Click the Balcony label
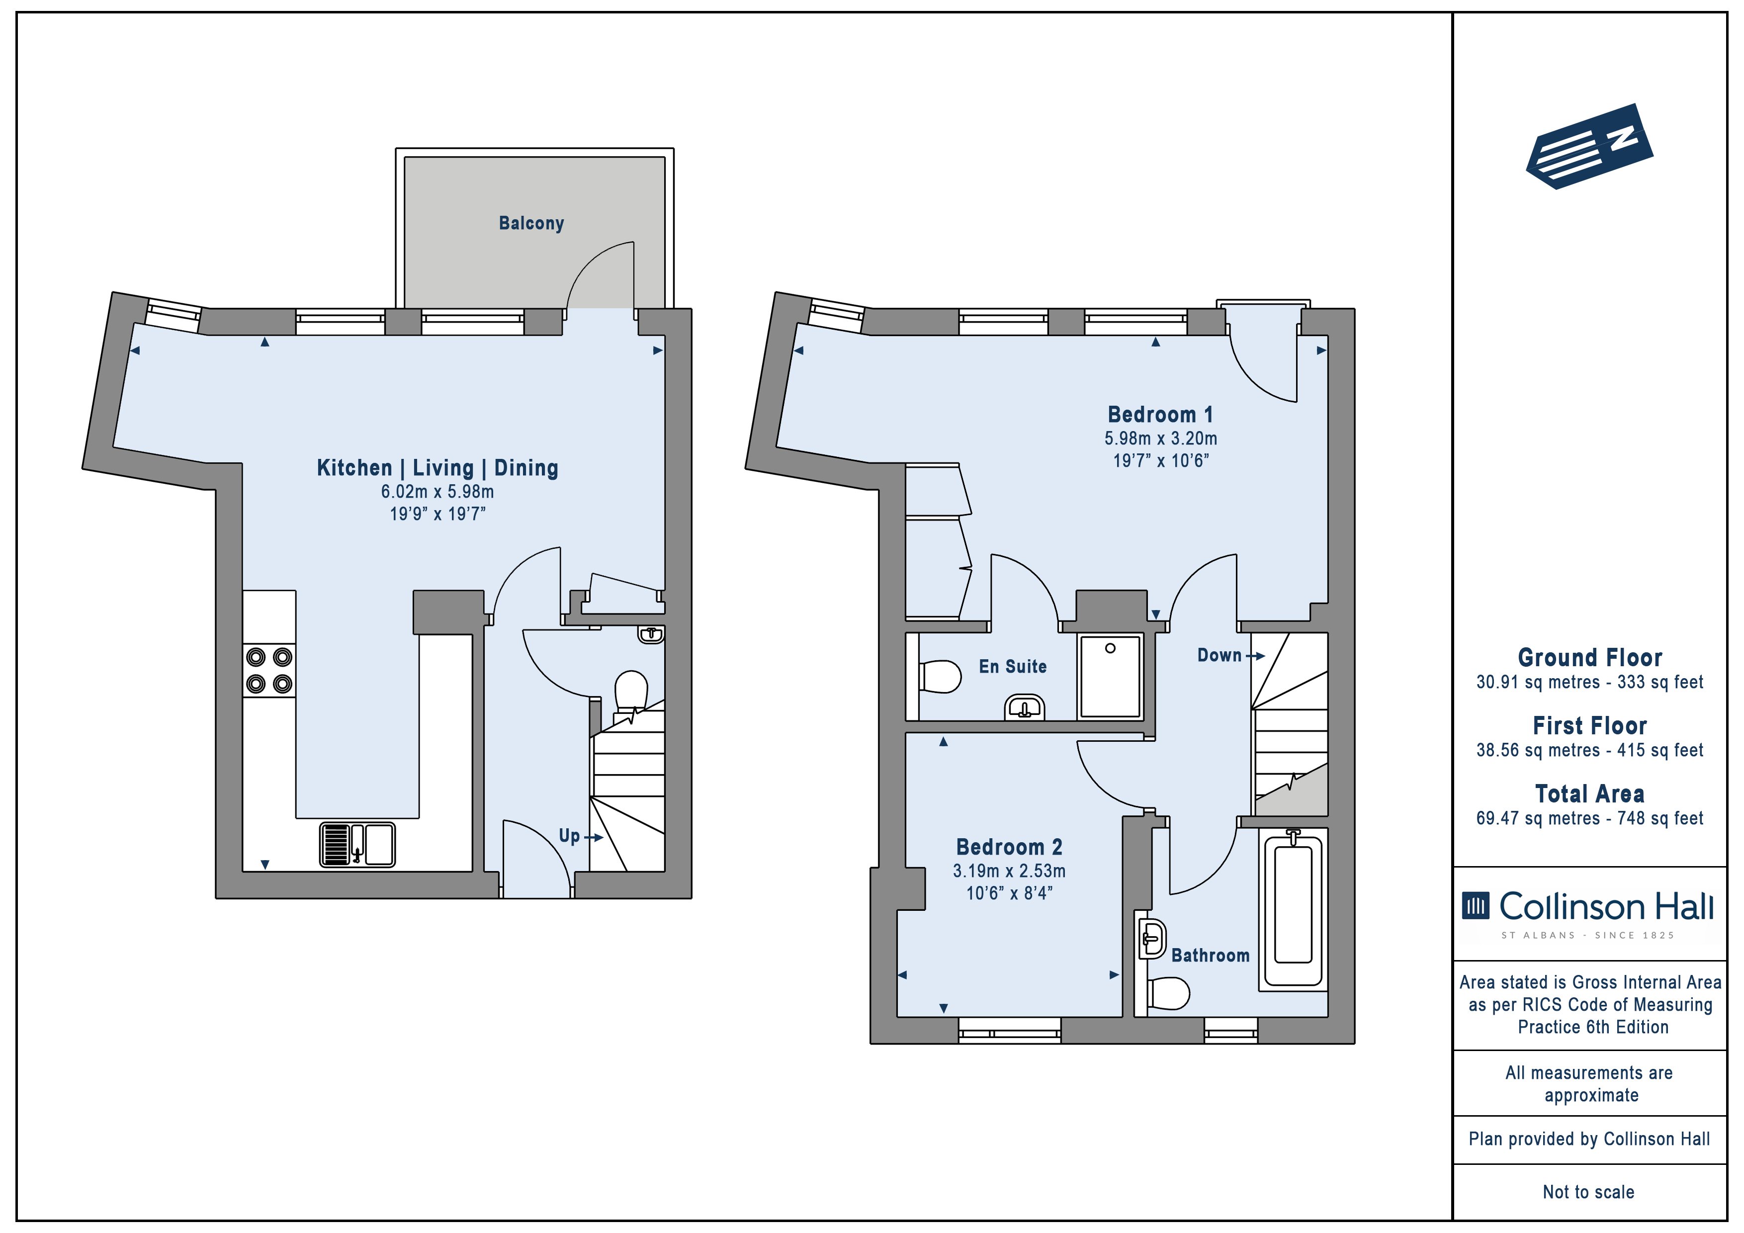click(531, 223)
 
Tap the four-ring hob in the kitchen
click(269, 670)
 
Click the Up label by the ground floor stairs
click(569, 836)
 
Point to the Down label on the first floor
click(1219, 655)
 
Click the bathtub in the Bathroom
click(1293, 909)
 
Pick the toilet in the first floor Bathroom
click(1167, 993)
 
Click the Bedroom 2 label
click(1009, 846)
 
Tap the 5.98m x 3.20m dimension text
click(1161, 439)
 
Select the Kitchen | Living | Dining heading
click(437, 468)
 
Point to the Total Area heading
click(1590, 794)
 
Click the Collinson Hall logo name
click(1606, 906)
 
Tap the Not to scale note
click(1588, 1192)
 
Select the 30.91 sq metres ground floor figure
click(1537, 682)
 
